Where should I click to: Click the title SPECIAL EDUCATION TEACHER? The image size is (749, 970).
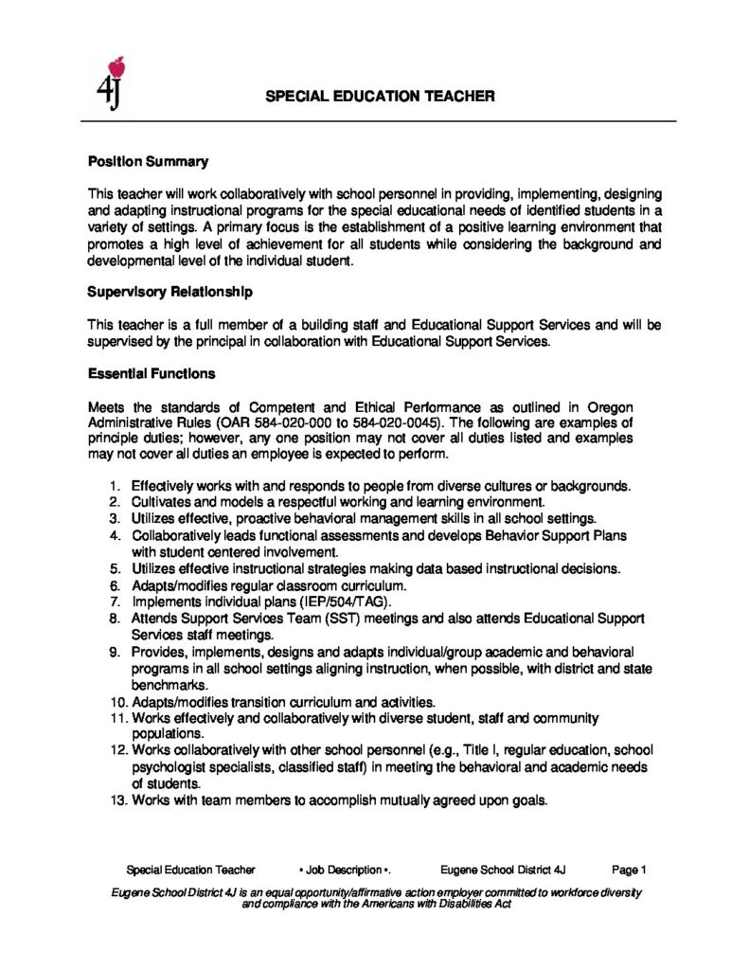coord(379,97)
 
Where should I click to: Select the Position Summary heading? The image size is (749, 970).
coord(148,162)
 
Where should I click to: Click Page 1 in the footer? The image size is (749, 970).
coord(629,869)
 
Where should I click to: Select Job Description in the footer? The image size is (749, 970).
coord(345,869)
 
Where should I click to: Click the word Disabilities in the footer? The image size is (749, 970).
coord(458,904)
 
